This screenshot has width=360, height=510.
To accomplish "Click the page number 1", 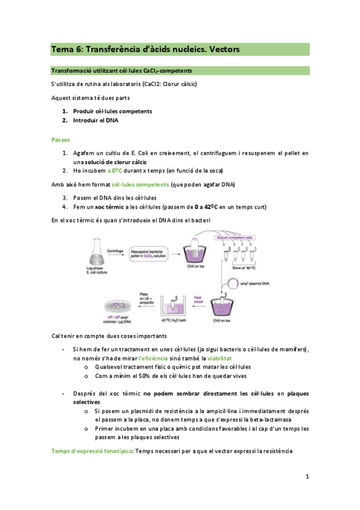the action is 307,477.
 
